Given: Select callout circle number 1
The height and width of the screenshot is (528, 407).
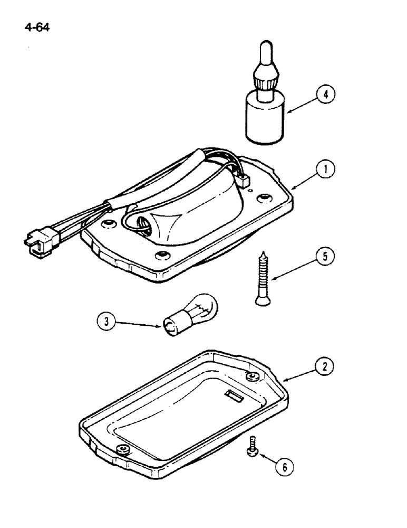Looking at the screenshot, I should tap(326, 170).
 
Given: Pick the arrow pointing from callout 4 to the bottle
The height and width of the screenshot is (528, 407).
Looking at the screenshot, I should tap(300, 105).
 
